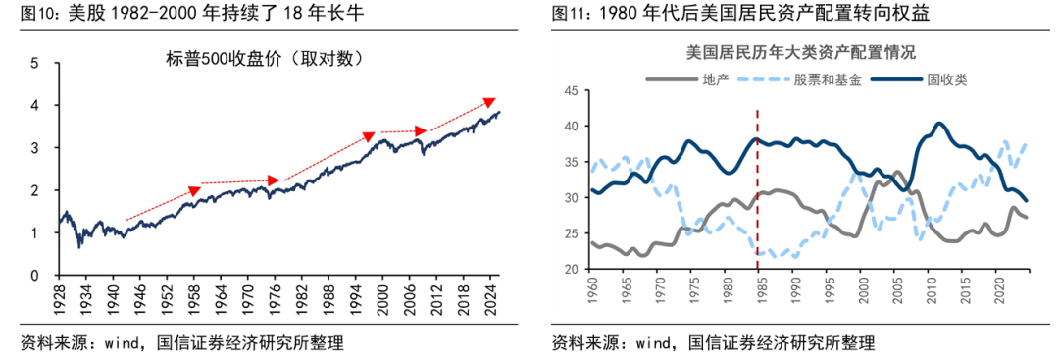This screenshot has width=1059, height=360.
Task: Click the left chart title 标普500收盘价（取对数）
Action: click(266, 59)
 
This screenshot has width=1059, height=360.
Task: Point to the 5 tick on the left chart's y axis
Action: click(35, 63)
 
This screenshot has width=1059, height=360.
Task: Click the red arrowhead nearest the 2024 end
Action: click(490, 102)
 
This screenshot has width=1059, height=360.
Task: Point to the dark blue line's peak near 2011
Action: click(939, 124)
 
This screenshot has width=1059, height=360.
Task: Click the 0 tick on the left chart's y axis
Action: click(35, 276)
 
